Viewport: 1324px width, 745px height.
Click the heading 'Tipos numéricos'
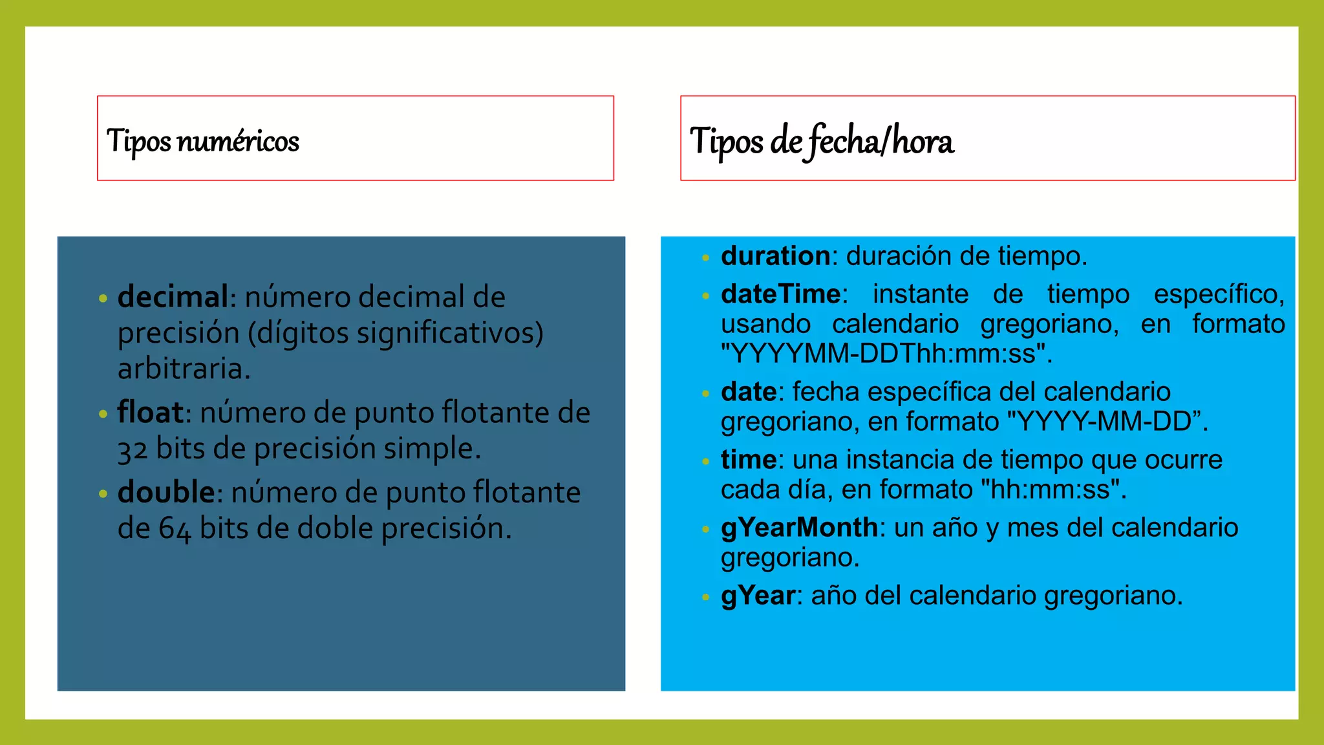tap(202, 141)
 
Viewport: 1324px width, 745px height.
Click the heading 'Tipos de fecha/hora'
tap(821, 141)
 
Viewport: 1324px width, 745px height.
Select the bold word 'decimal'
tap(173, 297)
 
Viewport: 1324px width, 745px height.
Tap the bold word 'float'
tap(150, 413)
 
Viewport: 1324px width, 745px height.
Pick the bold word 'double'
tap(166, 493)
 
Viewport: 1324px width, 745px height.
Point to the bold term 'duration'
tap(775, 256)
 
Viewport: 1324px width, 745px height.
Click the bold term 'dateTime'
tap(780, 294)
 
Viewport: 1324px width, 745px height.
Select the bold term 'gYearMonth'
tap(799, 528)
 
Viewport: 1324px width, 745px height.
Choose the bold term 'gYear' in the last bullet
tap(758, 596)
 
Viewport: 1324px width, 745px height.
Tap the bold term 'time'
tap(748, 460)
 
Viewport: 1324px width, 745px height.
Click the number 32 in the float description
tap(133, 449)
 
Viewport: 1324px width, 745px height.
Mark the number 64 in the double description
tap(175, 530)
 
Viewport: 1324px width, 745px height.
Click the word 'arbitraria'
tap(184, 369)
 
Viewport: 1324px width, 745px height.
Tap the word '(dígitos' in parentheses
tap(298, 333)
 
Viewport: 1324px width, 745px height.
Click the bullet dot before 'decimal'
tap(103, 299)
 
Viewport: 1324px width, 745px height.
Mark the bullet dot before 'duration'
tap(705, 258)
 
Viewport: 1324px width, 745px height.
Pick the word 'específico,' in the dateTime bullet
tap(1219, 295)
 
